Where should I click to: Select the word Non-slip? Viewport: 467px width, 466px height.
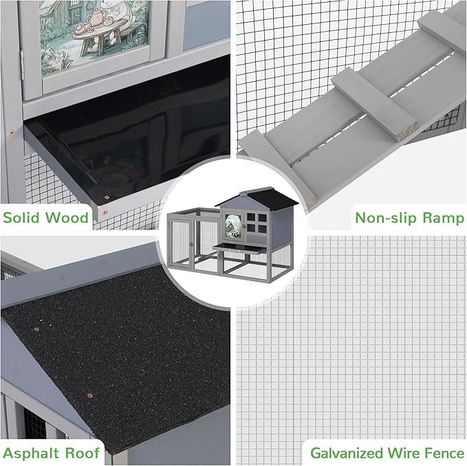(386, 218)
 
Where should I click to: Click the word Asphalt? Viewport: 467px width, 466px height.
(31, 453)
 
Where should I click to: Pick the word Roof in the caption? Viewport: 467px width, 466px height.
(82, 453)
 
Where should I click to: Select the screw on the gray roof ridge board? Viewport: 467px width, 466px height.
(61, 277)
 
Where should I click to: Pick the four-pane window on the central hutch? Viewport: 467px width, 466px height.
(257, 223)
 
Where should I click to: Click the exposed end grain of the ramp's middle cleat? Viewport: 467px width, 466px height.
(407, 131)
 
